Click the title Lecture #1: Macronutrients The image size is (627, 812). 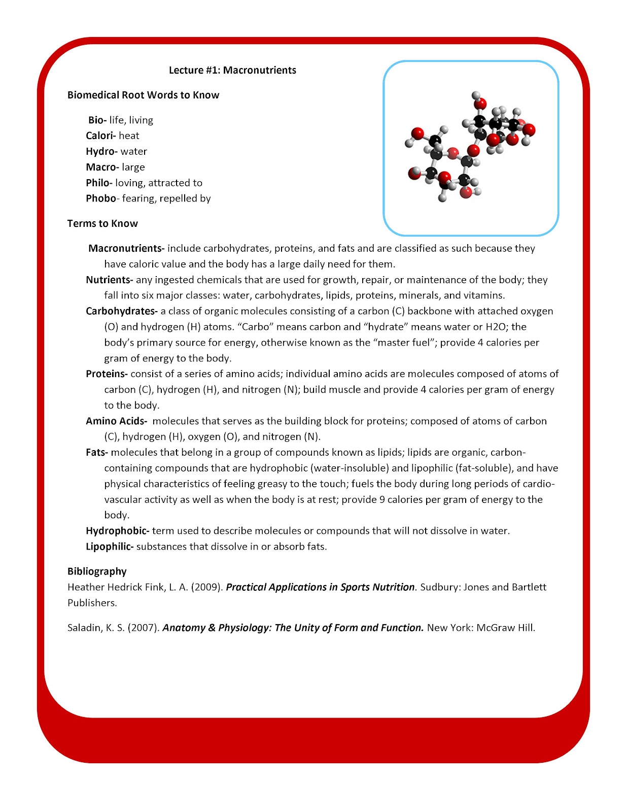coord(232,70)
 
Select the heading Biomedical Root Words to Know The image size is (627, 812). coord(143,95)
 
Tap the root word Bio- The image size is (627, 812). coord(97,120)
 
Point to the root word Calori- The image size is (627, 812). coord(100,136)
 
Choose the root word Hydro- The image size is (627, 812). coord(101,151)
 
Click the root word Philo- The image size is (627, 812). coord(99,183)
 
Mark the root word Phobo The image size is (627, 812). coord(100,198)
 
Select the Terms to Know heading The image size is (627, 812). coord(102,223)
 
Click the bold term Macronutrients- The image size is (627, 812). coord(126,248)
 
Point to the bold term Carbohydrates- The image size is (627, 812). coord(122,311)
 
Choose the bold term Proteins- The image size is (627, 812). coord(107,374)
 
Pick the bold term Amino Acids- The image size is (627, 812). coord(116,421)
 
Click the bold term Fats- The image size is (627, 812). coord(97,452)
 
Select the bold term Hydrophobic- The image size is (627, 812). coord(117,531)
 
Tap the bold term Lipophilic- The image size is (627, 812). coord(110,547)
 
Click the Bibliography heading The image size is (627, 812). coord(97,571)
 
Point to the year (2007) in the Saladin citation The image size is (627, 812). coord(144,628)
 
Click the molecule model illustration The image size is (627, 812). coord(470,148)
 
